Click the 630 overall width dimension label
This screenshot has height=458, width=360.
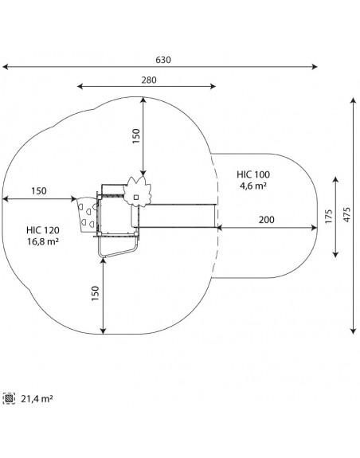163,60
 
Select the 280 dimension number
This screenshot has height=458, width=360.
149,80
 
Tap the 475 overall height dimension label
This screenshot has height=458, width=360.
346,215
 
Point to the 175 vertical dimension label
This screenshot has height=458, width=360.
328,217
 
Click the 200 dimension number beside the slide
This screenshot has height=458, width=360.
266,220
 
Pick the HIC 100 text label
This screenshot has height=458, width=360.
253,174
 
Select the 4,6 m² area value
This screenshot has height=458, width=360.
253,186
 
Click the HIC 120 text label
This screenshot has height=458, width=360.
43,230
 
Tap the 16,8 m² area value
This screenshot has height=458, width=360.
43,241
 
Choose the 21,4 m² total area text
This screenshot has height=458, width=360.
37,399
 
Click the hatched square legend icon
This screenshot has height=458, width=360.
9,398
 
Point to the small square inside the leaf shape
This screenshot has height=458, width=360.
136,198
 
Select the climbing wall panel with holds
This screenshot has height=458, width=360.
88,215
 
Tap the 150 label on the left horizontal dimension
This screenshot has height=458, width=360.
39,191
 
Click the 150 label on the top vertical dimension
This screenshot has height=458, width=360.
136,136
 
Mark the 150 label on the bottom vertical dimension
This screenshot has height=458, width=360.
96,293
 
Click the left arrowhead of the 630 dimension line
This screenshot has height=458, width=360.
6,67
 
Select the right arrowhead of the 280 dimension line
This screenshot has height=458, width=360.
213,86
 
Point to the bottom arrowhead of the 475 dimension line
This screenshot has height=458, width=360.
354,331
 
